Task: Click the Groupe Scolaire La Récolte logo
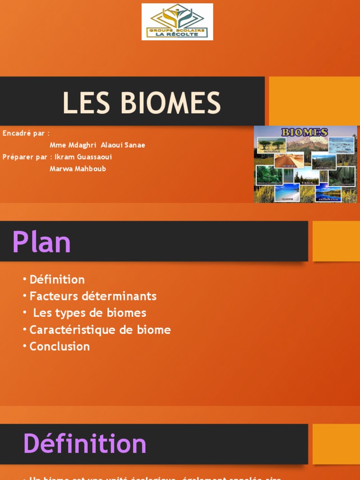pos(177,22)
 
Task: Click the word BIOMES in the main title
pos(174,103)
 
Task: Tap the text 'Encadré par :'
pos(26,133)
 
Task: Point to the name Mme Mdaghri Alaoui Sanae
pos(97,145)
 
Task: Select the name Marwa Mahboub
pos(78,169)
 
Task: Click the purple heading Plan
pos(41,242)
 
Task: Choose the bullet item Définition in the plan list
pos(57,280)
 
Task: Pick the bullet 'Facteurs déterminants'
pos(93,296)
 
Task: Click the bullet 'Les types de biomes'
pos(90,313)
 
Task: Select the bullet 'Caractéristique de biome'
pos(100,330)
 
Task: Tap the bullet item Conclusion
pos(60,346)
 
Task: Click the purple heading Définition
pos(85,443)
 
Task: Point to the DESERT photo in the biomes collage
pos(289,161)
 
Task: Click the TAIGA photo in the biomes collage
pos(307,178)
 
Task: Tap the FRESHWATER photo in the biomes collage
pos(328,194)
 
